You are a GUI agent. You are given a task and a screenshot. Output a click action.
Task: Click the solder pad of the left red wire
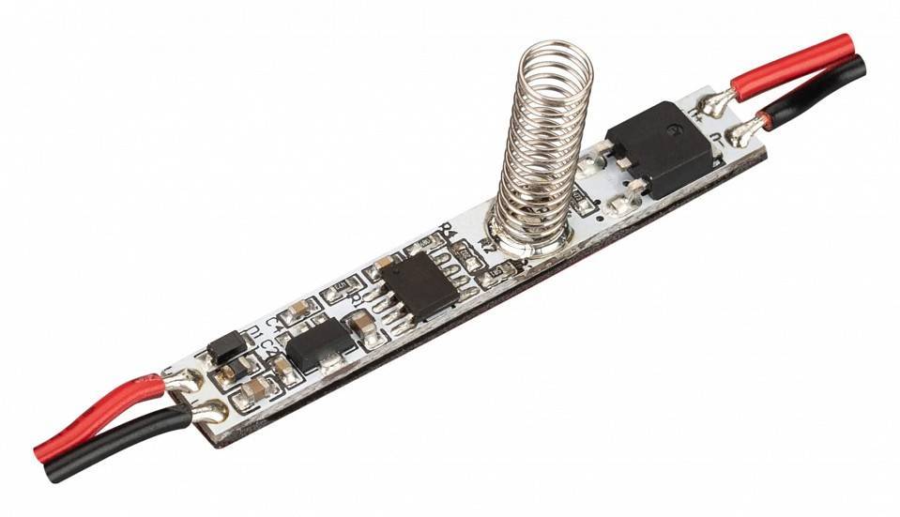(x=181, y=380)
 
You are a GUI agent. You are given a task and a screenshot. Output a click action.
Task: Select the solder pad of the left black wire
(x=210, y=411)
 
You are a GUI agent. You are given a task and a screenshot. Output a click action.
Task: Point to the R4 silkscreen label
(x=448, y=228)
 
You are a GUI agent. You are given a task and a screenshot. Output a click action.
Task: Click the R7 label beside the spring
(x=485, y=247)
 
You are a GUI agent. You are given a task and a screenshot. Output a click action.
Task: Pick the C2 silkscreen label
(x=267, y=345)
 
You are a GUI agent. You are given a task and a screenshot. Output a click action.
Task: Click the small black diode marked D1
(x=226, y=348)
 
